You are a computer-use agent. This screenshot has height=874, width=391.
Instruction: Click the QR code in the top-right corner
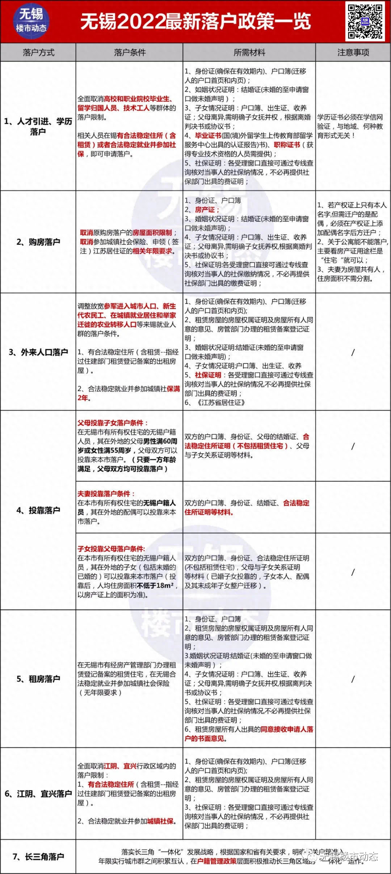point(365,21)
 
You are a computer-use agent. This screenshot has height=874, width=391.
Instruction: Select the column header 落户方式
point(38,52)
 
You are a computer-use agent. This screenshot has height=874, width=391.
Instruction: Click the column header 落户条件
point(129,52)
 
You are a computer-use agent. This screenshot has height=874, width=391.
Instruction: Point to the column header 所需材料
point(249,52)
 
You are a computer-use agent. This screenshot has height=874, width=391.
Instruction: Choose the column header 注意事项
point(353,52)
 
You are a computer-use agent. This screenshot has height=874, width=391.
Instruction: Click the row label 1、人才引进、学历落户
point(38,126)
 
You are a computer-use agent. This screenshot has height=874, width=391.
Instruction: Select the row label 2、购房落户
point(38,242)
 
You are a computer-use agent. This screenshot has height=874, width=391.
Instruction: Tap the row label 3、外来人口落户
point(38,352)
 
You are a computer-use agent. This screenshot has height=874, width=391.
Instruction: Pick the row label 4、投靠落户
point(38,510)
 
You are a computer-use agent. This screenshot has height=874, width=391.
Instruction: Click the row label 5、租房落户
point(38,679)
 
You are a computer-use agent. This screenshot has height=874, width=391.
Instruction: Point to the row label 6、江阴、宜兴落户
point(38,794)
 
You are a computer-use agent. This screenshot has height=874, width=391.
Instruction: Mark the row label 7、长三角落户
point(38,857)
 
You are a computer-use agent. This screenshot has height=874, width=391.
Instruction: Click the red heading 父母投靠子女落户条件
point(113,423)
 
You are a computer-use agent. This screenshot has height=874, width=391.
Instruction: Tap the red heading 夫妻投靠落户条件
point(106,494)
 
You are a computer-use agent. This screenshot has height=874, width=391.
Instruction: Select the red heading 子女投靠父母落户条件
point(111,549)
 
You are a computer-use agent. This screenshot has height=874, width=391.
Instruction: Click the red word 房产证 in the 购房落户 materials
point(205,210)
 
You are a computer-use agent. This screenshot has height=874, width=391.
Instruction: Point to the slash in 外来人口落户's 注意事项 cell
point(353,352)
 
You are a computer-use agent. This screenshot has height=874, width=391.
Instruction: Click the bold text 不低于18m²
point(156,585)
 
